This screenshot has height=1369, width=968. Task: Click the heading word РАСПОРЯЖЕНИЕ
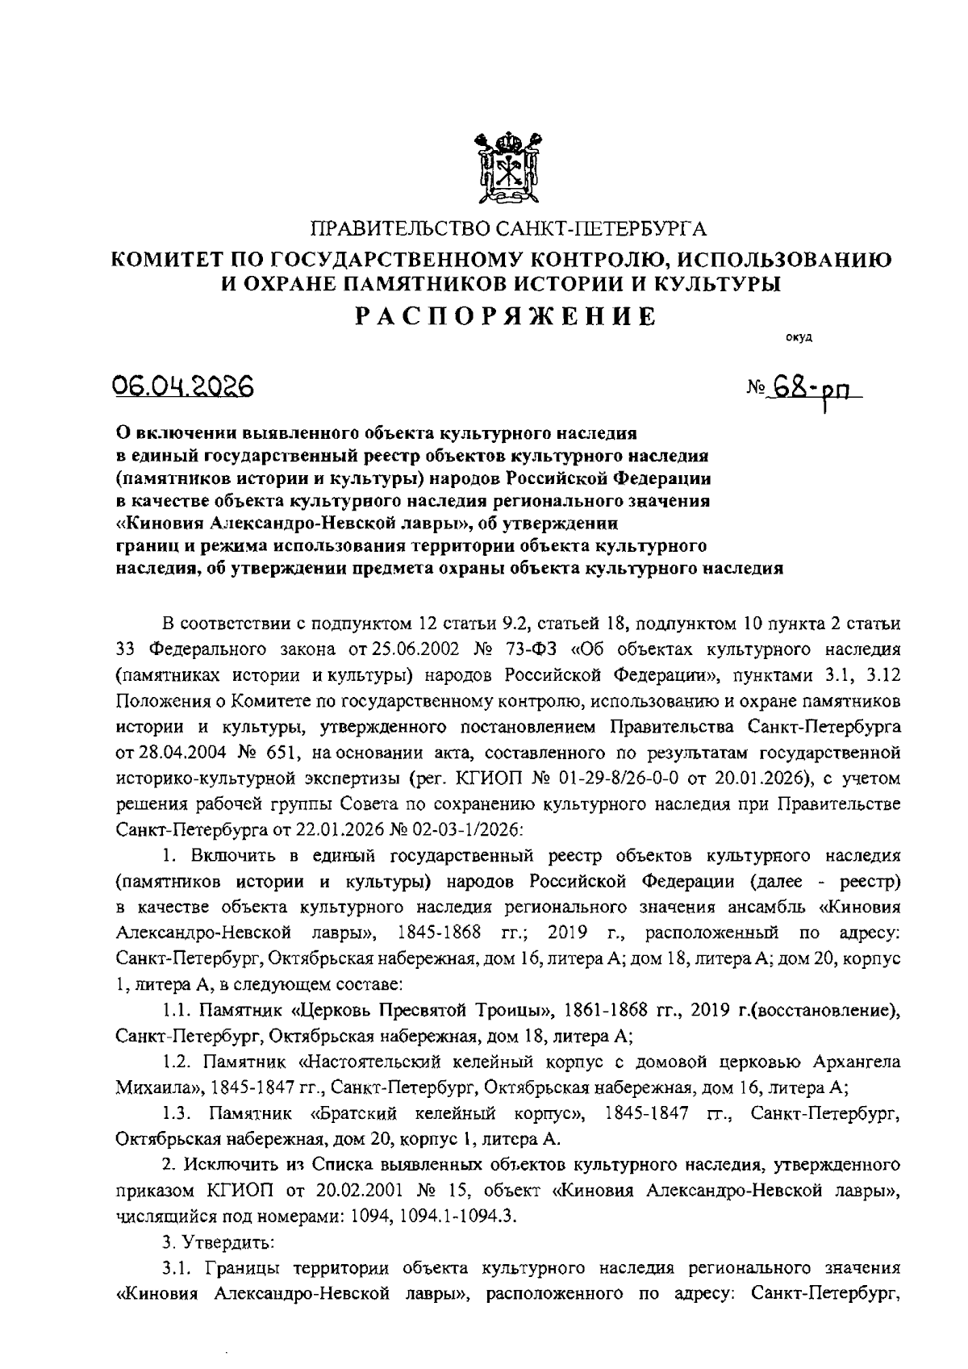(507, 316)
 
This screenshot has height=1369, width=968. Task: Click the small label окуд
(799, 337)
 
